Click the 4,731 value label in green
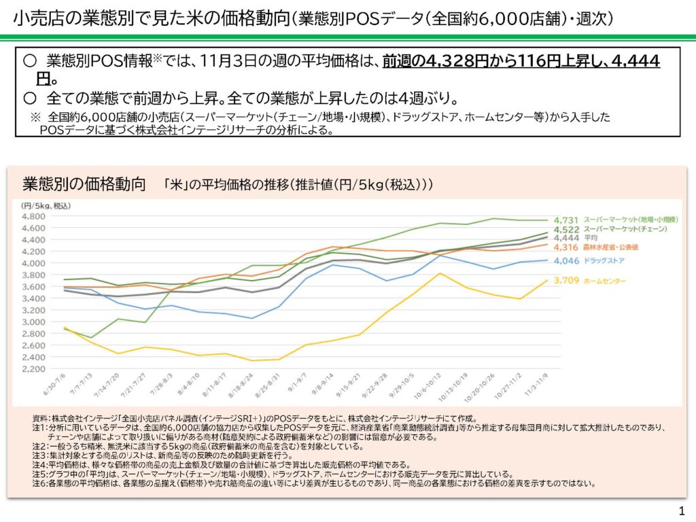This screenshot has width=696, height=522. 565,220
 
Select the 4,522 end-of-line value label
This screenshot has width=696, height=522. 565,230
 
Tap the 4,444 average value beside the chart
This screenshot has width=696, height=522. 565,239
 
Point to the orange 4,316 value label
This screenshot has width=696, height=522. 565,248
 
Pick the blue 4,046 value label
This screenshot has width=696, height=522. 565,261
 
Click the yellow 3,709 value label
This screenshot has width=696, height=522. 565,280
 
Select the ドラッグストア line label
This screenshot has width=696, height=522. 604,261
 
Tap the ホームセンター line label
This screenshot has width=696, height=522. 604,280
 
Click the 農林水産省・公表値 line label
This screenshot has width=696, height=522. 612,248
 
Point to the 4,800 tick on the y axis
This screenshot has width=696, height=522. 34,216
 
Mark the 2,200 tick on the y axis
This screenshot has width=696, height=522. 34,368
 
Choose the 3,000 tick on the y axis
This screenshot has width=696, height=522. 34,321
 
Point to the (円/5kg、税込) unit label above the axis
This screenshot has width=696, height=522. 46,205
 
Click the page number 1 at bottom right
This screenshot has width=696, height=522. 681,510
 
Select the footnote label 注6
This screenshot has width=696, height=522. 40,484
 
